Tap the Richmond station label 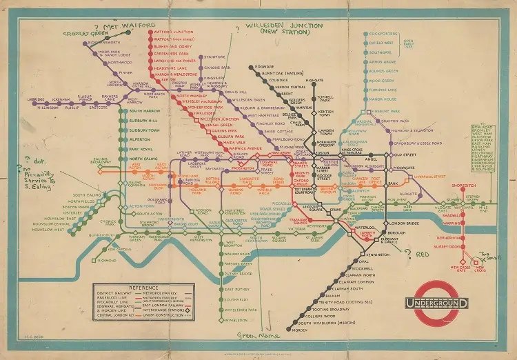click(x=105, y=261)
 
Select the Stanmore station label click(x=215, y=57)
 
